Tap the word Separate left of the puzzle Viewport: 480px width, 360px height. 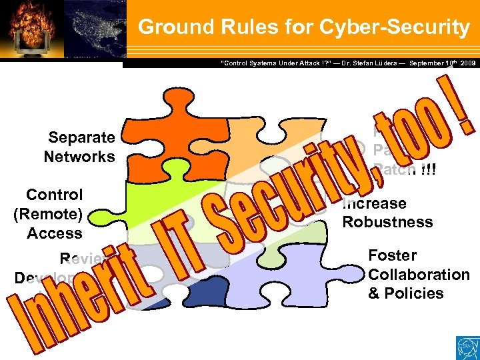(x=81, y=138)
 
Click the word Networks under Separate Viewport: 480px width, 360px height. (x=79, y=157)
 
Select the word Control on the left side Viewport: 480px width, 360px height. (x=54, y=195)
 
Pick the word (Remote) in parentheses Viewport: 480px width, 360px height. (x=47, y=214)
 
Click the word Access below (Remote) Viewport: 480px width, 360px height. (x=55, y=233)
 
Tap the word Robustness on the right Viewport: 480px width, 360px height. (x=387, y=222)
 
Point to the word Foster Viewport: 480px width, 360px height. (x=392, y=255)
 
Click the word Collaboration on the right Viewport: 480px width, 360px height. (x=419, y=275)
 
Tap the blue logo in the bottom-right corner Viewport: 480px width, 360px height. (x=466, y=347)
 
